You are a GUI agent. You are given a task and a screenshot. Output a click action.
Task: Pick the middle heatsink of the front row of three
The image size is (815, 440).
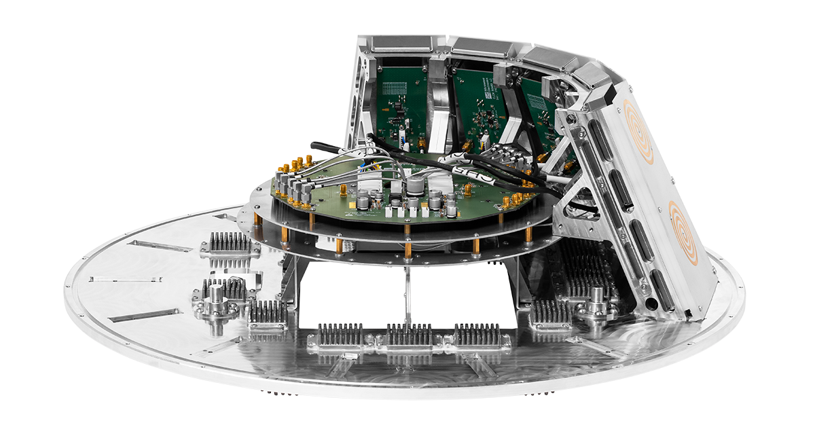pos(409,336)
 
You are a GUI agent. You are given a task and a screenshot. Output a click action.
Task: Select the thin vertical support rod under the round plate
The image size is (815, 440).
pos(407,293)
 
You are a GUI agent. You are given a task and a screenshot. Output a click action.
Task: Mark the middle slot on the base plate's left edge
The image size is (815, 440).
pos(126,279)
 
